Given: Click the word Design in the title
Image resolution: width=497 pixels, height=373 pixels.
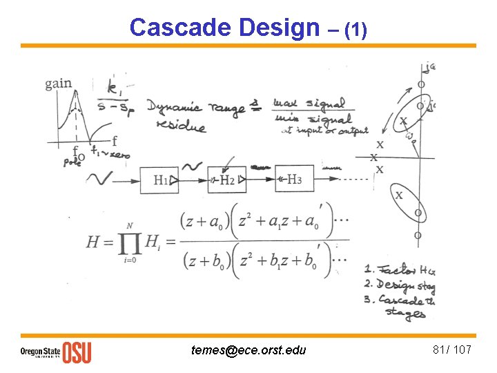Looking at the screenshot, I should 279,28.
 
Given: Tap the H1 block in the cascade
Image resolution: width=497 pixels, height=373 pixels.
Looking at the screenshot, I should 160,180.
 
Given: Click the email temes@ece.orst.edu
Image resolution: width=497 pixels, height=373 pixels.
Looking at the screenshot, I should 248,350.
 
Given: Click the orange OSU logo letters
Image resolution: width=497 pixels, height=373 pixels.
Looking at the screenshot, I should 77,352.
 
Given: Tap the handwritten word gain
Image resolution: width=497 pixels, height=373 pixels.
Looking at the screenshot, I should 58,84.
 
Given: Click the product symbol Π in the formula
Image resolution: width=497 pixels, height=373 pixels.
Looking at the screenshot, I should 131,241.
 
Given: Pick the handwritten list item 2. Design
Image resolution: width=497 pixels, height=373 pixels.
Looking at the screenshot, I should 398,285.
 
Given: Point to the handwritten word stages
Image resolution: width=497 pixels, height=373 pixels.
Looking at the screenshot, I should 406,314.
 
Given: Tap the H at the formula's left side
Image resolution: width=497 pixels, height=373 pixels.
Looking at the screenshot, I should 94,242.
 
